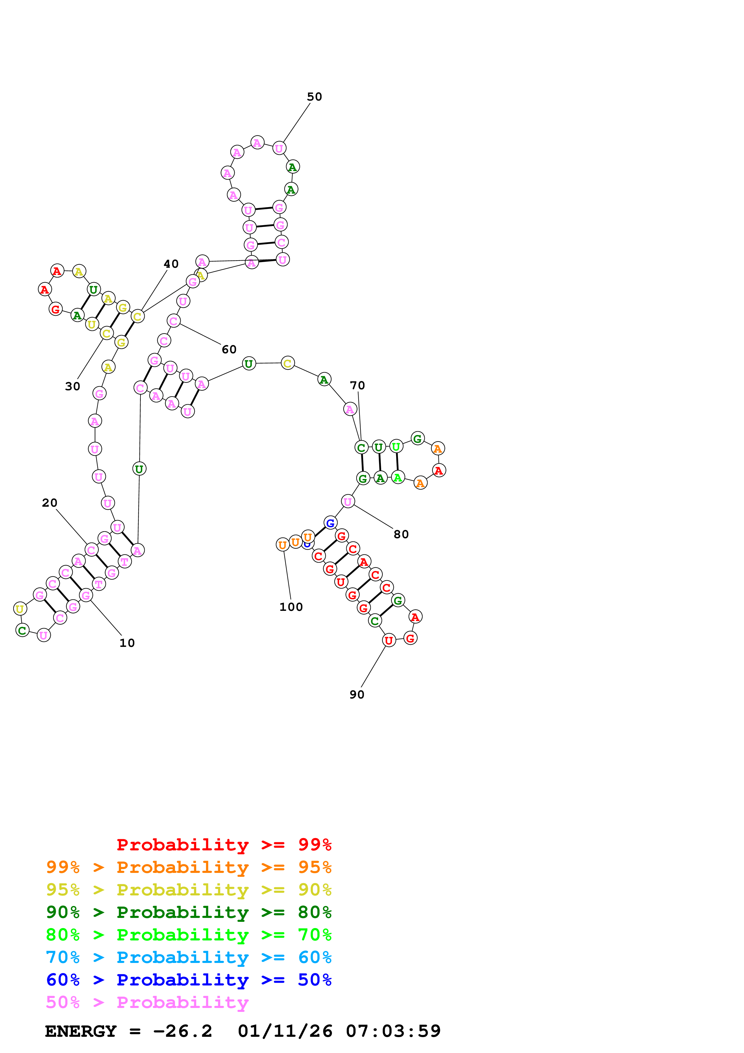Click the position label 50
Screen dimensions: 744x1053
[x=315, y=97]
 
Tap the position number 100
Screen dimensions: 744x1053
[x=291, y=607]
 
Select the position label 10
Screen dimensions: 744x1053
[x=127, y=643]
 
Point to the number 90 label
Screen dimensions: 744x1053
[x=357, y=694]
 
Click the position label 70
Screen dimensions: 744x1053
[x=357, y=385]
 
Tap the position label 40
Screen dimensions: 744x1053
[x=171, y=264]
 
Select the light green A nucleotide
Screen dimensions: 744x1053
[x=398, y=478]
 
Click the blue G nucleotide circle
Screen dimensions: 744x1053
[x=330, y=523]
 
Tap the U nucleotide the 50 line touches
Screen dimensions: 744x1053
[x=279, y=148]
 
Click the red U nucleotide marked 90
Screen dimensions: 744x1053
[x=389, y=640]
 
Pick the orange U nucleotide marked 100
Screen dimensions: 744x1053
[x=283, y=545]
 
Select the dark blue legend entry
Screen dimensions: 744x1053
[x=188, y=980]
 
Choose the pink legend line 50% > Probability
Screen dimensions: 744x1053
[x=147, y=1002]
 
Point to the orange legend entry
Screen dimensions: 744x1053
[x=188, y=867]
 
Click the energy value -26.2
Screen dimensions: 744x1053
[x=182, y=1031]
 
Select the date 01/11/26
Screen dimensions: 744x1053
[x=285, y=1031]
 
